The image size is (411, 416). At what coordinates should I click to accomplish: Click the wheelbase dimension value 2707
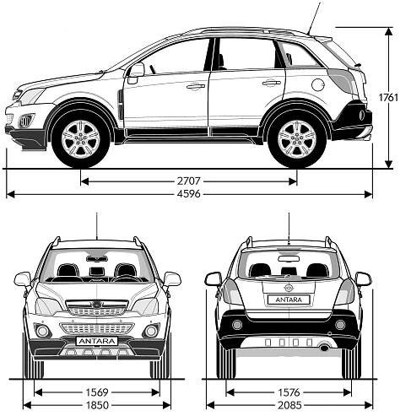(188, 181)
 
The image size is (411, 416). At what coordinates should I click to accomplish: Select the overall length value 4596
(189, 194)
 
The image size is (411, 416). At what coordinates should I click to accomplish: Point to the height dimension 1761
(388, 97)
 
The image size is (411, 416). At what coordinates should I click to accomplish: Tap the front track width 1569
(97, 392)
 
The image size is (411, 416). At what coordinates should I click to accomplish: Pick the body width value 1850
(97, 405)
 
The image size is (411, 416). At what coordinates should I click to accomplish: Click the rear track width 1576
(289, 392)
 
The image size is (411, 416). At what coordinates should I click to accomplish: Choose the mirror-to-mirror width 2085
(289, 405)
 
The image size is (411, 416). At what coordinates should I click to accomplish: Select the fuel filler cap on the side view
(318, 84)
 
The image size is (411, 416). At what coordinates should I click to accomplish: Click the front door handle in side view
(196, 86)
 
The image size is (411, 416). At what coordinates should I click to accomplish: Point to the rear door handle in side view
(272, 83)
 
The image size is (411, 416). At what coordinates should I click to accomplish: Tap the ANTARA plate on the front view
(97, 341)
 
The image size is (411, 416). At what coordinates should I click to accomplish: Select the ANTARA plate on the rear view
(289, 300)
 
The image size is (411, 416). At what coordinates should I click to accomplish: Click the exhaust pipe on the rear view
(325, 348)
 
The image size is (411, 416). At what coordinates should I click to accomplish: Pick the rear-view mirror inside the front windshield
(97, 259)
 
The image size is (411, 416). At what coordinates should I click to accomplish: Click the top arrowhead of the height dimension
(388, 31)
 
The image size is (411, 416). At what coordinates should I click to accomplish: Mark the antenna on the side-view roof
(315, 18)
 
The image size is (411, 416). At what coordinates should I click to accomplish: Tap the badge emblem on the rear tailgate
(289, 288)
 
